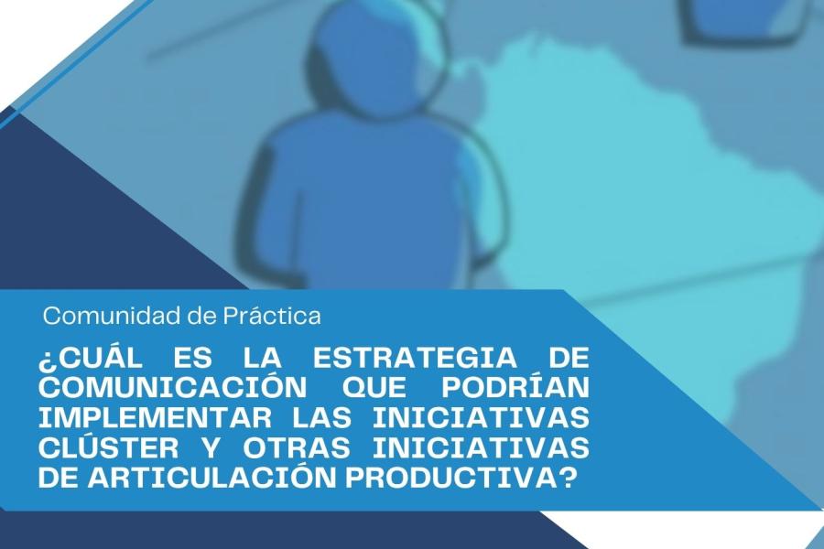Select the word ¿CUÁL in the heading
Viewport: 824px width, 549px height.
(x=91, y=358)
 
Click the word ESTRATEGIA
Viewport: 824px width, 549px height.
(x=415, y=358)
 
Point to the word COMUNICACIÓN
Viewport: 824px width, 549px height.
(x=173, y=388)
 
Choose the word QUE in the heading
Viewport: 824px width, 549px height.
(x=374, y=388)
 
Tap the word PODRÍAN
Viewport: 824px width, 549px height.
(x=515, y=388)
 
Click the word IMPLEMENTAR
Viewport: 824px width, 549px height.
(x=156, y=418)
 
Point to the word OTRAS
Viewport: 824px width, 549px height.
(x=297, y=448)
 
